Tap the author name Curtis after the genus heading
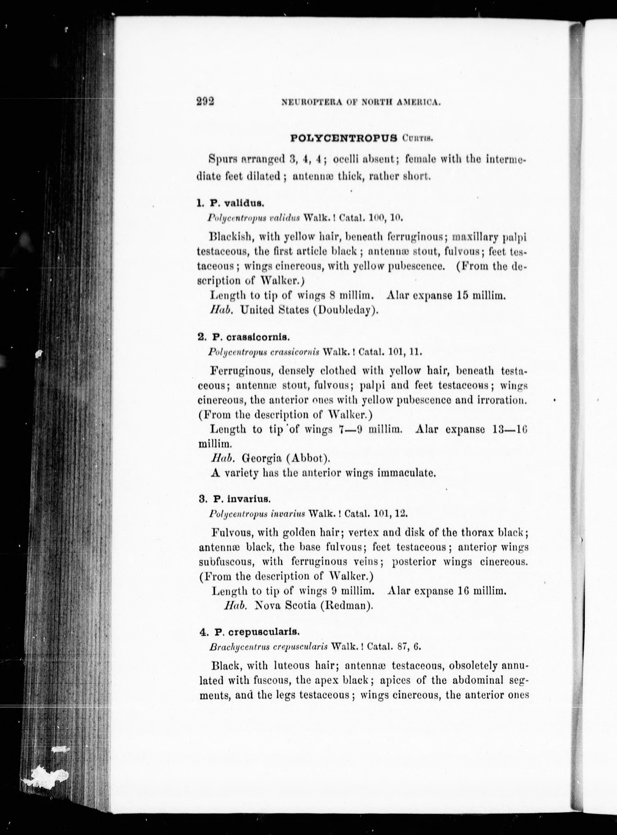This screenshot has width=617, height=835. pos(418,139)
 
